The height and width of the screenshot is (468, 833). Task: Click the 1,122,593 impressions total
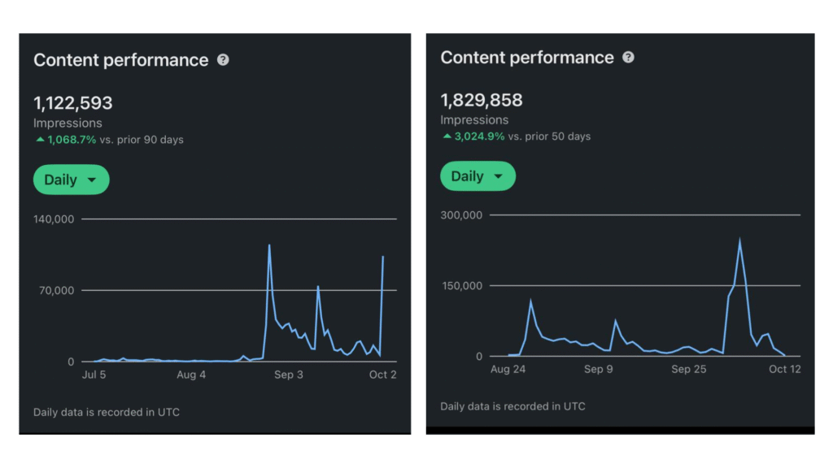[x=73, y=103]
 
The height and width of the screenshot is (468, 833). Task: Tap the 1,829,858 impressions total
[x=482, y=100]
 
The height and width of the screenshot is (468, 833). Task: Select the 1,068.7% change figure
[x=72, y=140]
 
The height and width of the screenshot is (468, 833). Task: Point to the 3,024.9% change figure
[x=478, y=136]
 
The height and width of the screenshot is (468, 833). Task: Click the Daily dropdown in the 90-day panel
[x=71, y=180]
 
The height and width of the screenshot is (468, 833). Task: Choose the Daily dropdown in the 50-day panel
[x=478, y=176]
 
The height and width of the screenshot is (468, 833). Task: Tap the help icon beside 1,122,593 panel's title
[x=223, y=60]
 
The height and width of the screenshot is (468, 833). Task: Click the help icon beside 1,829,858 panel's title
[x=628, y=58]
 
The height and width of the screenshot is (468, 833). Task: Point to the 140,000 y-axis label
[x=54, y=219]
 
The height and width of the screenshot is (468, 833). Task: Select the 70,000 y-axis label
[x=57, y=291]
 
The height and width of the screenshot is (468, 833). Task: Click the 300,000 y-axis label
[x=461, y=215]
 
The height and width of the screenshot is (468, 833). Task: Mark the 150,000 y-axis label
[x=461, y=286]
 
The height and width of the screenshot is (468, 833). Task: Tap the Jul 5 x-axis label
[x=94, y=375]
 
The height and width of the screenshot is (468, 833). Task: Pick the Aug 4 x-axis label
[x=191, y=375]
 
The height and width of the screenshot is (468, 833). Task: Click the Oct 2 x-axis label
[x=382, y=375]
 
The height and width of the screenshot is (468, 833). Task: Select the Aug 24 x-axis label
[x=508, y=369]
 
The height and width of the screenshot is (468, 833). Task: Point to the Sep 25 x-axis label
[x=689, y=369]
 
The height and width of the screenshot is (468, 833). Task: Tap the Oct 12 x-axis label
[x=784, y=369]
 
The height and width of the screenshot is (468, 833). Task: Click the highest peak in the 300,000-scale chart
[x=739, y=239]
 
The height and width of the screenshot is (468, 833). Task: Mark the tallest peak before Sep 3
[x=269, y=245]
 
